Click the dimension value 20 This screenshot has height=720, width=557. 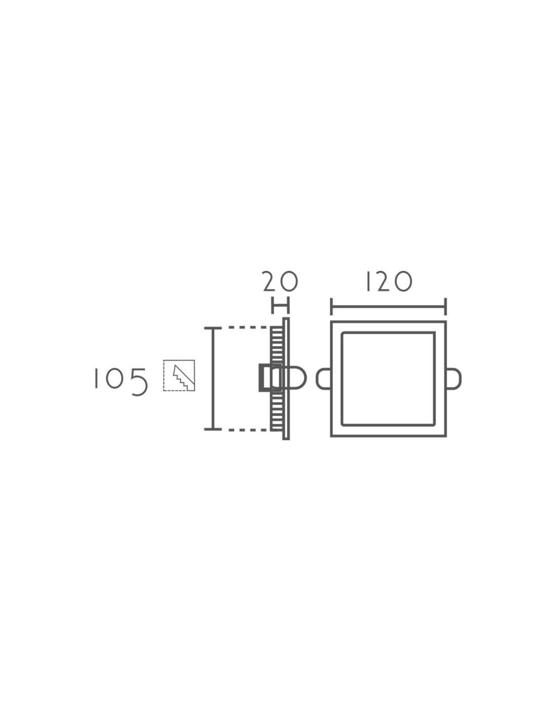(280, 282)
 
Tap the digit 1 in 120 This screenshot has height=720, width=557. (368, 282)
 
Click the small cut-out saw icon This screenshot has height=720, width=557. (179, 375)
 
